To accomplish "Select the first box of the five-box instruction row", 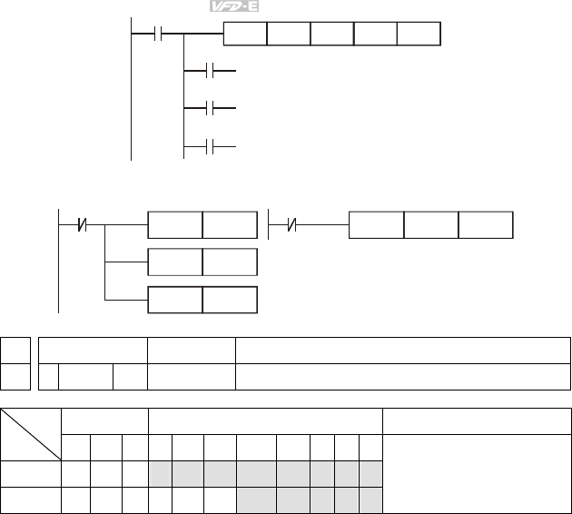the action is (245, 35).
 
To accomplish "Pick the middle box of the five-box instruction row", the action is (331, 35).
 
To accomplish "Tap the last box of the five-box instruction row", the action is (419, 35).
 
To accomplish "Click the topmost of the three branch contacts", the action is (210, 70).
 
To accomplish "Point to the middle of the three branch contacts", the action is (210, 109).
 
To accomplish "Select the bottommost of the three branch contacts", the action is (210, 146).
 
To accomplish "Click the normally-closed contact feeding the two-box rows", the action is (83, 222).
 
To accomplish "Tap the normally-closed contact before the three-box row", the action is (290, 222).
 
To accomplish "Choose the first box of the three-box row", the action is (376, 223).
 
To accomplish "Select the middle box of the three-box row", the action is (430, 223).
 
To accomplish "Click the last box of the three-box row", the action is (485, 223).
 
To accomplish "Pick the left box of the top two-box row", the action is (174, 223).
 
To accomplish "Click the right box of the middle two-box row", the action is (229, 262).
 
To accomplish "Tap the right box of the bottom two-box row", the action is (229, 300).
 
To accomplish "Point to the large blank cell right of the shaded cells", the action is (477, 472).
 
